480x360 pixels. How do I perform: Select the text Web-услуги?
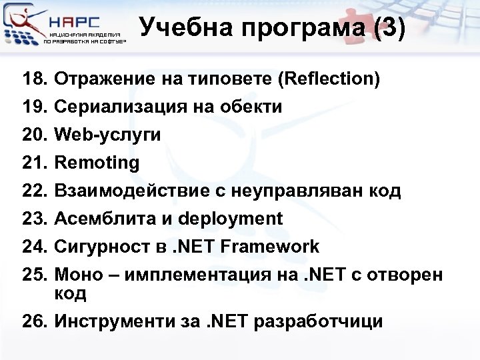107,135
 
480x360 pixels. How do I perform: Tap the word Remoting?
97,163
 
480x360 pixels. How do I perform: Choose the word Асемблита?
97,219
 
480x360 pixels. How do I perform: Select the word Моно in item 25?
77,275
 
